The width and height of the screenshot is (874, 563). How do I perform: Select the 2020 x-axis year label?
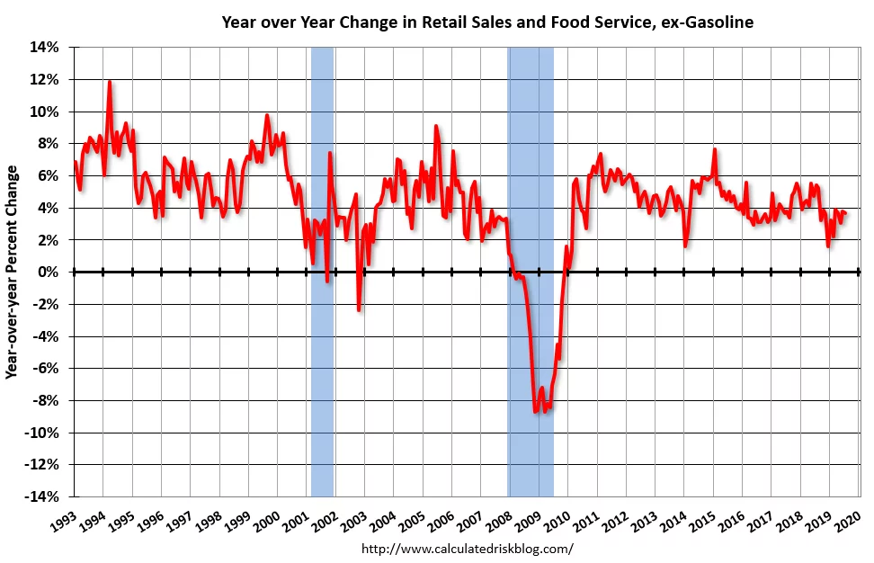849,519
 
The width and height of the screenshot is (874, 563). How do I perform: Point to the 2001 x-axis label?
297,519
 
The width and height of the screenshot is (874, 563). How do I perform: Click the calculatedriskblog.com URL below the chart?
467,548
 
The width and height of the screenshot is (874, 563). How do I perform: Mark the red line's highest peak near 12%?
110,82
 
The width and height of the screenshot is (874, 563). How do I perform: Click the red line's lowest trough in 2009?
536,412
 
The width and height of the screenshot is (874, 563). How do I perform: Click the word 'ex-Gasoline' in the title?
709,22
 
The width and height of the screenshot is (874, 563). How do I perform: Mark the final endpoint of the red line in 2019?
845,212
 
